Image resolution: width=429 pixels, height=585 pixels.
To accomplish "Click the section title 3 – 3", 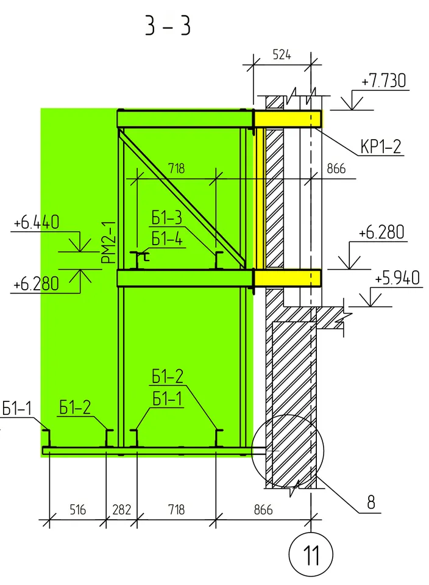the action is [x=168, y=26].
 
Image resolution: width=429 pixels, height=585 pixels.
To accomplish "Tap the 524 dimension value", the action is [x=282, y=55].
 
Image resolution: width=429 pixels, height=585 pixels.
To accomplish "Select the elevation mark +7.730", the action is [x=383, y=81].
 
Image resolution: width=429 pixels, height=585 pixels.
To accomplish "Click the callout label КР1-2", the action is [x=380, y=146].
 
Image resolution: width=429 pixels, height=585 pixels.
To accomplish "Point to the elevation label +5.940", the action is [x=397, y=278].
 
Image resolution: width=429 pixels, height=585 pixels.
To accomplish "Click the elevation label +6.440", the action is [x=37, y=223].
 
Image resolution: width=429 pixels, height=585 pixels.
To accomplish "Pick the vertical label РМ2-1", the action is [x=109, y=242].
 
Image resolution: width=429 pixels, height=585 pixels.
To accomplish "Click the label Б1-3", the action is [x=166, y=218].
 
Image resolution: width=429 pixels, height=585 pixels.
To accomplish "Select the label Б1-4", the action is [x=168, y=239].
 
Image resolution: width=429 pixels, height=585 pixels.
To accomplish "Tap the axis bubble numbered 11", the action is [x=311, y=554].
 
